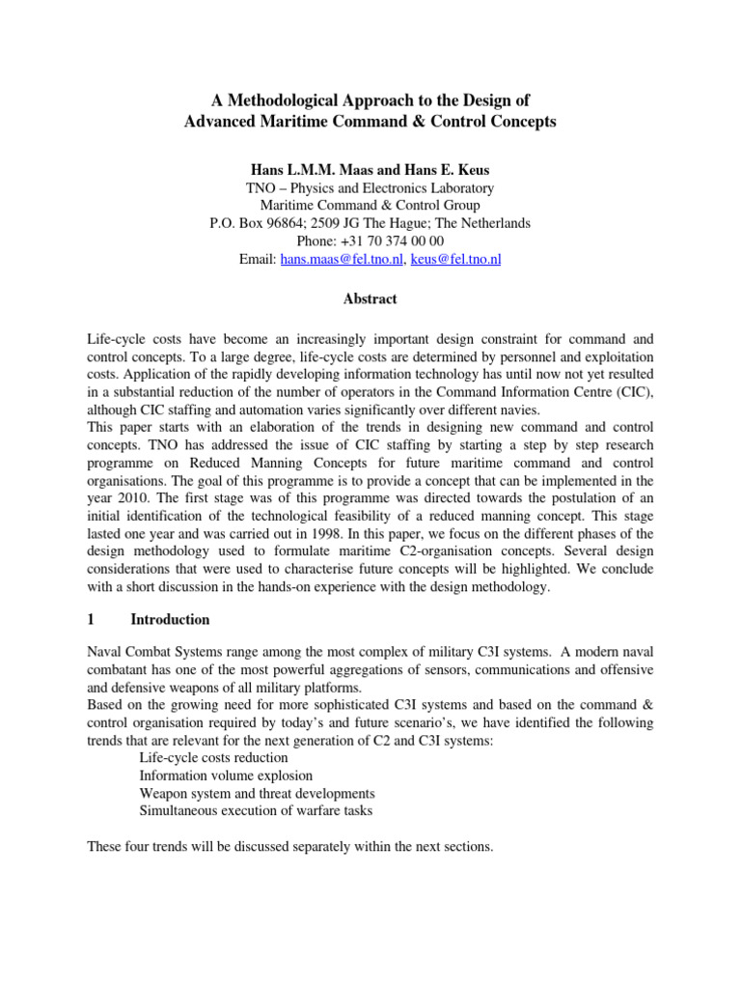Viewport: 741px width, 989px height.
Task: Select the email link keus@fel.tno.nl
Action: (x=455, y=260)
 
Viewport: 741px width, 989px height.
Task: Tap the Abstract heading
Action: (x=370, y=299)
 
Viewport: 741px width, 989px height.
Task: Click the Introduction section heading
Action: (x=170, y=619)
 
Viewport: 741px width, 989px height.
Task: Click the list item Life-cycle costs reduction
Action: (x=213, y=758)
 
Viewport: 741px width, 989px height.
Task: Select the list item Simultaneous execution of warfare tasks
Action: (x=256, y=811)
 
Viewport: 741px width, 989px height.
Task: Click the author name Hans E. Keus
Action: (x=450, y=169)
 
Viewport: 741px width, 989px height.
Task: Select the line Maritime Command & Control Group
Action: (x=370, y=205)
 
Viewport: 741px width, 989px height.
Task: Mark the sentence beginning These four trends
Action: (x=289, y=847)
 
